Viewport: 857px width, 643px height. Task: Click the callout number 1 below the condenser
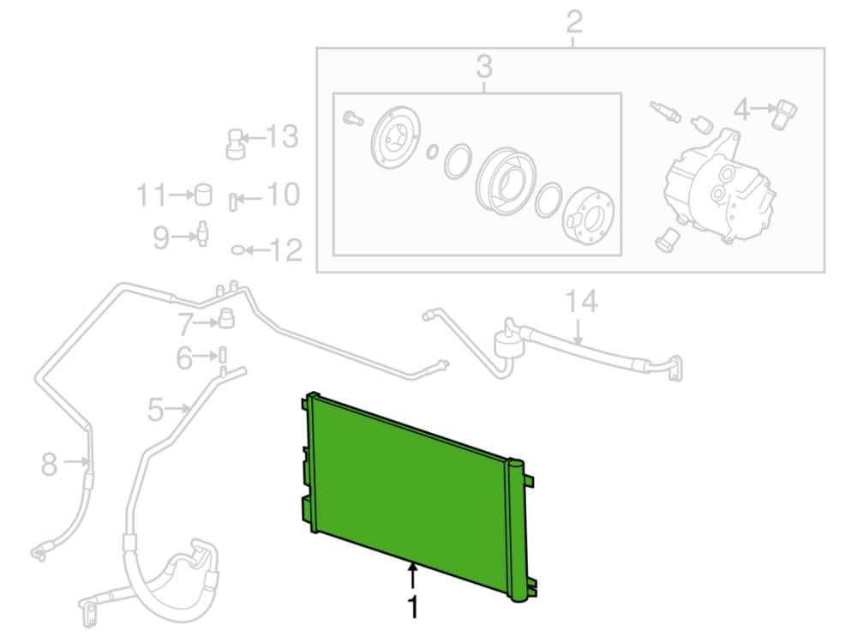[x=414, y=607]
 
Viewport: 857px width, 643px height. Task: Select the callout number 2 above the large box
[x=574, y=22]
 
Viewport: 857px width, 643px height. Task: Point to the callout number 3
[x=484, y=66]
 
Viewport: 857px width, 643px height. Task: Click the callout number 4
[x=741, y=110]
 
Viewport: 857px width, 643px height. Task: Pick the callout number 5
[x=156, y=409]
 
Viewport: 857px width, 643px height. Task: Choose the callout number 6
[x=184, y=358]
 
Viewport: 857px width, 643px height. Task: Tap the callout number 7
[x=186, y=324]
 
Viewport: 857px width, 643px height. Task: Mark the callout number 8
[x=49, y=464]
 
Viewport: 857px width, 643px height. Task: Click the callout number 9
[x=161, y=237]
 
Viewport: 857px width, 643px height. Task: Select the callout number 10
[x=283, y=195]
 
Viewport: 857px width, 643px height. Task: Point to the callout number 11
[x=152, y=195]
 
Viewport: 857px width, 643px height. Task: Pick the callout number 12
[x=286, y=250]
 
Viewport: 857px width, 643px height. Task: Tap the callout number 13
[x=282, y=136]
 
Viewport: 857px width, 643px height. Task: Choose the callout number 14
[x=581, y=301]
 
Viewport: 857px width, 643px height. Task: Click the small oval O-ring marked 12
[x=237, y=250]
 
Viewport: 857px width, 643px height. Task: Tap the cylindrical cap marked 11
[x=203, y=195]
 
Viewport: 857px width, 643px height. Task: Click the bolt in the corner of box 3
[x=352, y=117]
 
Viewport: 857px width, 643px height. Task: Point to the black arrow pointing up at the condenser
[x=414, y=576]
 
